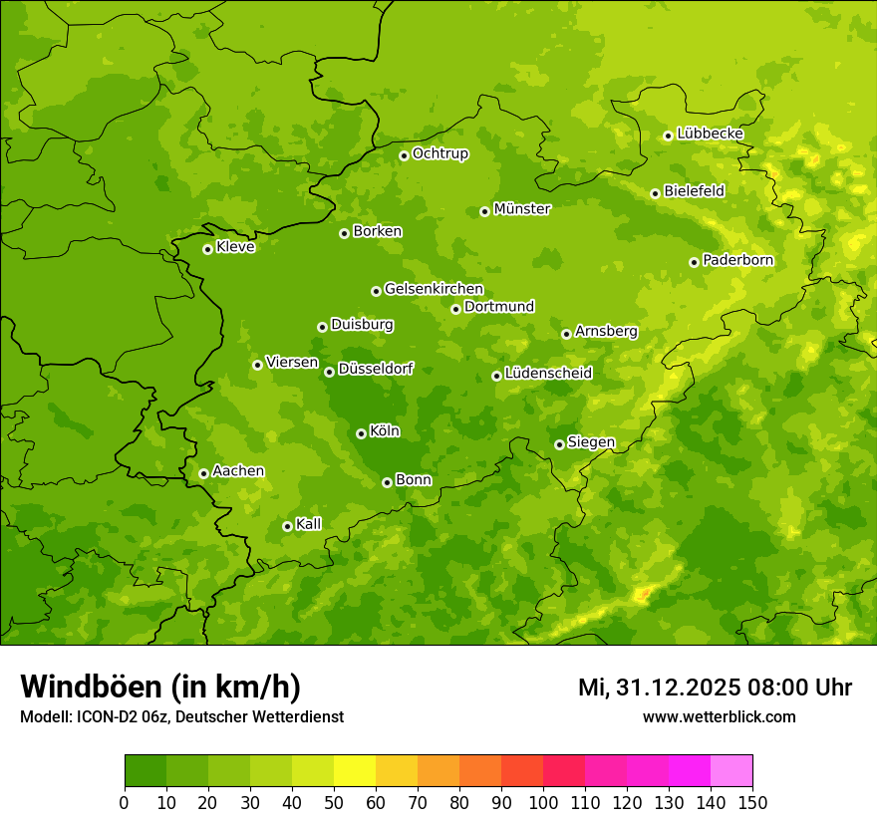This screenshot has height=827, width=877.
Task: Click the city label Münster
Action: tap(522, 209)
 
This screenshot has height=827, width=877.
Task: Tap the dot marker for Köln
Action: tap(361, 433)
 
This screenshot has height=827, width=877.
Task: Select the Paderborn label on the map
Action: tap(737, 260)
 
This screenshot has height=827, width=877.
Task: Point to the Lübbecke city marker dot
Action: tap(668, 136)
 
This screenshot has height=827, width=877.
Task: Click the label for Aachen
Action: tap(238, 471)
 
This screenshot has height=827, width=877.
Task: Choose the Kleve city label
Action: tap(235, 247)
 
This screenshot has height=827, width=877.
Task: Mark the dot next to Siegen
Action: tap(559, 444)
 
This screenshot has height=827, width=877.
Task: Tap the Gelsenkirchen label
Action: tap(434, 289)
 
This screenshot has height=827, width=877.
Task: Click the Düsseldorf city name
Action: tap(376, 369)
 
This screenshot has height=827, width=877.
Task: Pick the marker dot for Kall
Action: tap(287, 526)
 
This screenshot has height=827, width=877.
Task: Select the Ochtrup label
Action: tap(439, 153)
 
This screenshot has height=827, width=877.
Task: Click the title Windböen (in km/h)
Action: tap(160, 687)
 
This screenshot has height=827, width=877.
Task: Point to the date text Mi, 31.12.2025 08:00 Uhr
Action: tap(715, 688)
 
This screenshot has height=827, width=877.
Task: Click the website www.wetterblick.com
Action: tap(719, 716)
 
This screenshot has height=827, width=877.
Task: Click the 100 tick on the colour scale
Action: tap(543, 802)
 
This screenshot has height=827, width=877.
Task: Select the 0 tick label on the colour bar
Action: tap(125, 802)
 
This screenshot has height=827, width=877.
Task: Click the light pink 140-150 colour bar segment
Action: tap(731, 771)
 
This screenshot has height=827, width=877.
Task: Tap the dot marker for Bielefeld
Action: tap(655, 193)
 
